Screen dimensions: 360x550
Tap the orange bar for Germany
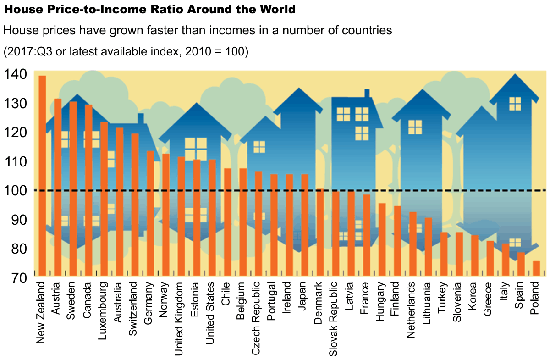coord(150,213)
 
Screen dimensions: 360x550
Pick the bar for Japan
coord(304,225)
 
